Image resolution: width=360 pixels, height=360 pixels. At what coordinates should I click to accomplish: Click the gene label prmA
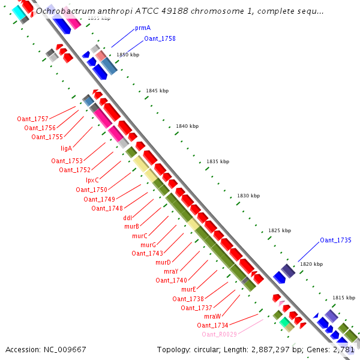tap(142, 28)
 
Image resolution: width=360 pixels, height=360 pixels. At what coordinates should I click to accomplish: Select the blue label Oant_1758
tap(160, 38)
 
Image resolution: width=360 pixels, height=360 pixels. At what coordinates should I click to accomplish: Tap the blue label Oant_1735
tap(335, 240)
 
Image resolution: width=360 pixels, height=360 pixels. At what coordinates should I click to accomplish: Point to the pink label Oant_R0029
tap(219, 334)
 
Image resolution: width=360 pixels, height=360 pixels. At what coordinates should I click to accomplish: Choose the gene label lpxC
tap(92, 180)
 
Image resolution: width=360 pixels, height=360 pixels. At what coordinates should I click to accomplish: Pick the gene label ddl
tap(127, 218)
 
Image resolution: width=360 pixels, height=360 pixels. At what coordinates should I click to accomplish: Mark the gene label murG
tap(148, 245)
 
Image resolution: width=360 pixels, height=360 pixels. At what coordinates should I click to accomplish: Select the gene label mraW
tap(212, 316)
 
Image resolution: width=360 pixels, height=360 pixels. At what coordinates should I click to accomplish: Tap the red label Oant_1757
tap(32, 119)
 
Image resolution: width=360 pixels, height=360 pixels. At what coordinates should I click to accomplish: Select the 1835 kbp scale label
tap(218, 161)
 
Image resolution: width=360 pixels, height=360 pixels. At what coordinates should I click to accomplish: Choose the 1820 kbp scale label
tap(311, 264)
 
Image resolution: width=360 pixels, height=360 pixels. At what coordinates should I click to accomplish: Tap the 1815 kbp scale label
tap(344, 298)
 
